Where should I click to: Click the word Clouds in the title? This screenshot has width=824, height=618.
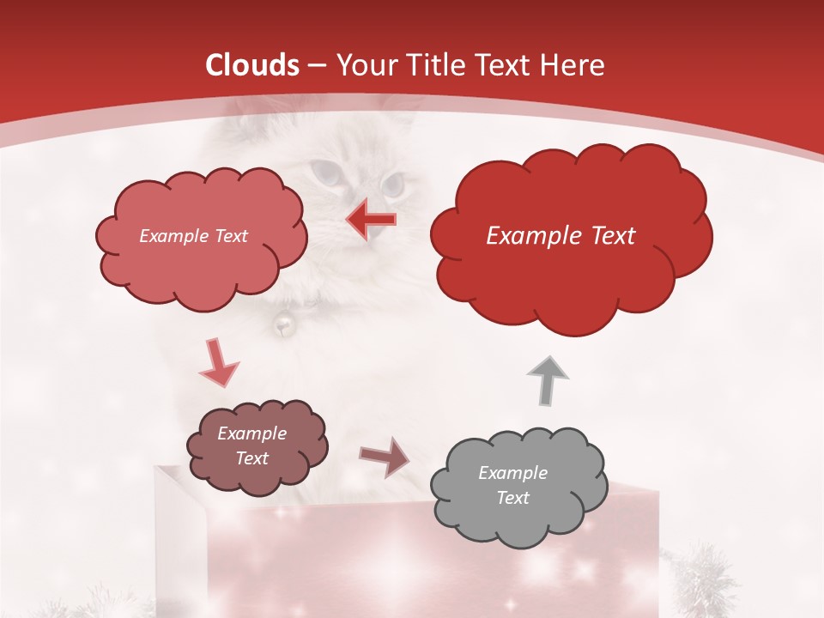[x=252, y=65]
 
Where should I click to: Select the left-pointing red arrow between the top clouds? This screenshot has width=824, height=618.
[x=371, y=221]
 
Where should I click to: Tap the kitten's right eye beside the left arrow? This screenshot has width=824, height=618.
[x=392, y=182]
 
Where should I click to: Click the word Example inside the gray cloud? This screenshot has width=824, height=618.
[x=512, y=472]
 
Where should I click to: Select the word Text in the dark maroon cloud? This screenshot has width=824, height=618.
[x=252, y=458]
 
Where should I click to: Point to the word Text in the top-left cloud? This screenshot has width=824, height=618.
[x=230, y=236]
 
